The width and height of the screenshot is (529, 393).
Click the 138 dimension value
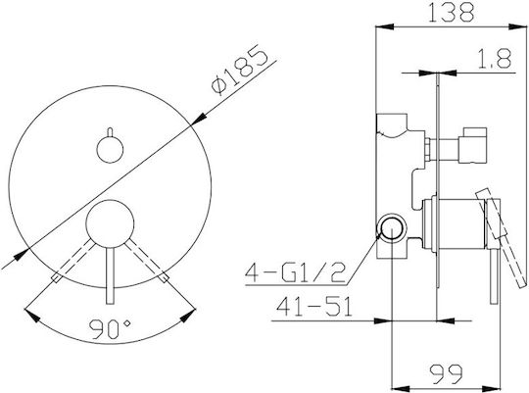[451, 12]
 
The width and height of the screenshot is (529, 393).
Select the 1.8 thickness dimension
[495, 59]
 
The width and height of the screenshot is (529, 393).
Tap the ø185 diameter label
[239, 70]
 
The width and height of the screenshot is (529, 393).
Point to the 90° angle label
[110, 329]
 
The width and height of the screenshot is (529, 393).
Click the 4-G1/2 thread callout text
[296, 271]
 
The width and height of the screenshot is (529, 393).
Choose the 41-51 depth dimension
[314, 306]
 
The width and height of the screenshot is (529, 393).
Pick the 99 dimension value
[446, 373]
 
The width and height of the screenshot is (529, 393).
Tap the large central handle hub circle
[110, 223]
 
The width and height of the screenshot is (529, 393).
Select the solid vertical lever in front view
[110, 275]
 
